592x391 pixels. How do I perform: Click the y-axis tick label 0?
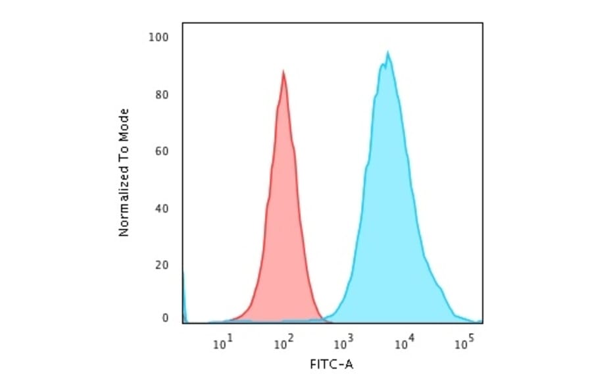click(x=164, y=318)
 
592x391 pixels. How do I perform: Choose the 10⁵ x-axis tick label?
click(x=465, y=342)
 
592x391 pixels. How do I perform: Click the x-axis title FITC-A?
click(x=332, y=363)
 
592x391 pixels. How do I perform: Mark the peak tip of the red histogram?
click(x=284, y=71)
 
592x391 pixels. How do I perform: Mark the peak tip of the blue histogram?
click(x=388, y=53)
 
